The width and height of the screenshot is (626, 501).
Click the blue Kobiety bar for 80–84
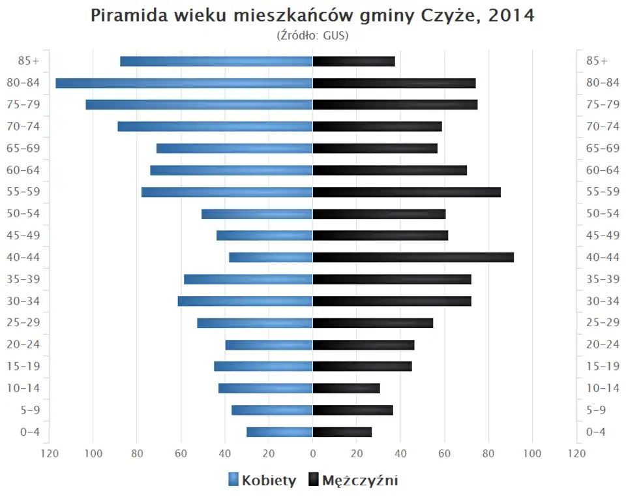tap(184, 83)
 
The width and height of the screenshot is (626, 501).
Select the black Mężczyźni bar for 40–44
tap(413, 257)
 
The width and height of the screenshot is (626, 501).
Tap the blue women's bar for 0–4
tap(280, 432)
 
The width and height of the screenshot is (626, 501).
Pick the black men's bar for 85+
tap(354, 61)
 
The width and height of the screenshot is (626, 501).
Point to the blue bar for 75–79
tap(199, 104)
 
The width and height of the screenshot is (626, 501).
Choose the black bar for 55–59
tap(407, 192)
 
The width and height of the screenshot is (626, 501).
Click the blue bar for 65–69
tap(235, 148)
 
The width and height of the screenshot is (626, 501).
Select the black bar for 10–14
tap(346, 388)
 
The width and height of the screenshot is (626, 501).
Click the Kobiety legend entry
tap(262, 481)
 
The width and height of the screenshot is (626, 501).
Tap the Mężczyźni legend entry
tap(353, 481)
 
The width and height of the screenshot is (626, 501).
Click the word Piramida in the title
tap(126, 16)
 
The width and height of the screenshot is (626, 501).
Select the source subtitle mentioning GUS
tap(313, 35)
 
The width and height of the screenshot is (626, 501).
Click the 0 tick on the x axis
tap(313, 453)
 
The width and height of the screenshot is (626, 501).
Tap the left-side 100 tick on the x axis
tap(93, 453)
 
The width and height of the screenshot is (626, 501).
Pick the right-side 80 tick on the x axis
tap(489, 453)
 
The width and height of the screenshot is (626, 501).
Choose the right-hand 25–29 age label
tap(603, 322)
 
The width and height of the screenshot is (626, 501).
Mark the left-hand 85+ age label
tap(29, 61)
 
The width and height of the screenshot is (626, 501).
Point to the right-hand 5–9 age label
tap(597, 410)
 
